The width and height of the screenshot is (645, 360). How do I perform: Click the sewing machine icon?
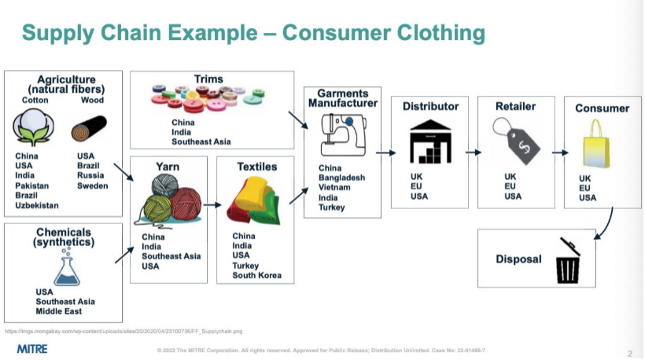point(341,134)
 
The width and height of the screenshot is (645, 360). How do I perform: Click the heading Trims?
point(208,79)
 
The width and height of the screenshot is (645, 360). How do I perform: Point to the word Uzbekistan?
point(36,205)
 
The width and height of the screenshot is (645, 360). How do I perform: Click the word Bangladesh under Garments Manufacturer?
point(341,178)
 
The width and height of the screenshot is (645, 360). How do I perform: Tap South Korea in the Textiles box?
point(256,276)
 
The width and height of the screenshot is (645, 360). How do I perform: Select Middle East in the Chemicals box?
point(61,312)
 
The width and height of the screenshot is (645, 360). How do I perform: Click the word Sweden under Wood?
point(93,186)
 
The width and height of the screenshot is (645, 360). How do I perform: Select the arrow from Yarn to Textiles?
point(211,204)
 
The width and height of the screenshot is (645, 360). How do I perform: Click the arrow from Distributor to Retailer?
point(473,152)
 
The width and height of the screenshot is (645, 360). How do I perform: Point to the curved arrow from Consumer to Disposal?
point(601,229)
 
